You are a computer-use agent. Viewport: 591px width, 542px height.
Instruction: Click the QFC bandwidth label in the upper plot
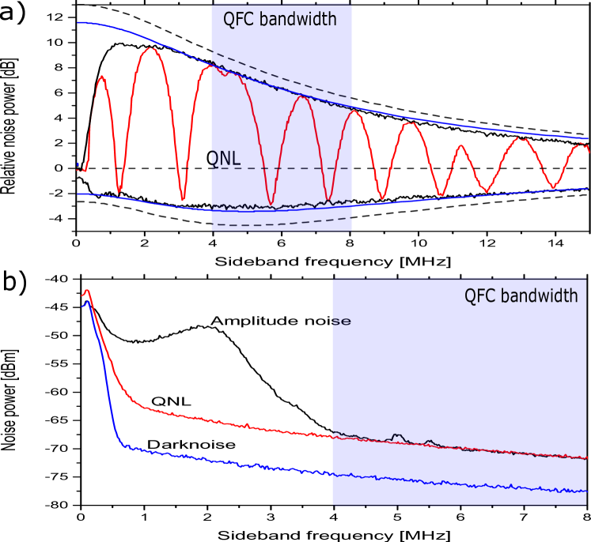click(280, 20)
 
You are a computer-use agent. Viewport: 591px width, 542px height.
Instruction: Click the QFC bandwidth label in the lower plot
click(521, 296)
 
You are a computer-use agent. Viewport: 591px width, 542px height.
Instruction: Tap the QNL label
click(225, 160)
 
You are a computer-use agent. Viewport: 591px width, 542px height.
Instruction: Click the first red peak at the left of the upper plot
click(101, 77)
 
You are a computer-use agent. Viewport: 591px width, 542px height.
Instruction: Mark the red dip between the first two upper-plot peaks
click(119, 191)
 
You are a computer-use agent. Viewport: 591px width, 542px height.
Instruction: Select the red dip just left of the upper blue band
click(183, 199)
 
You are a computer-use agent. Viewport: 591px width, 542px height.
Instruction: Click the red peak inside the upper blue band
click(301, 97)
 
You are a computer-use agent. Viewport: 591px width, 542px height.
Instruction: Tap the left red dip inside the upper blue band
click(271, 204)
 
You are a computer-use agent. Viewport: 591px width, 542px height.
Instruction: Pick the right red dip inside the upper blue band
click(328, 198)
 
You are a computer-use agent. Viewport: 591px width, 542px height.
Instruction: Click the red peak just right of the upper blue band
click(355, 111)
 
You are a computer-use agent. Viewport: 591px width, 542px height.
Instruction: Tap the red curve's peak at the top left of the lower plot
click(87, 291)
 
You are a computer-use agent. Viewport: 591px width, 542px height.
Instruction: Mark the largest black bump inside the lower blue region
click(397, 435)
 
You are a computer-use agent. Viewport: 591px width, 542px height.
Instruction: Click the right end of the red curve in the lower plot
click(585, 457)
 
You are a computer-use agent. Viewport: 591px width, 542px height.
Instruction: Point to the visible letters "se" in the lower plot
click(342, 322)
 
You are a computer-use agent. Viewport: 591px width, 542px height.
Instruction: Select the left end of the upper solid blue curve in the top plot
click(78, 23)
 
